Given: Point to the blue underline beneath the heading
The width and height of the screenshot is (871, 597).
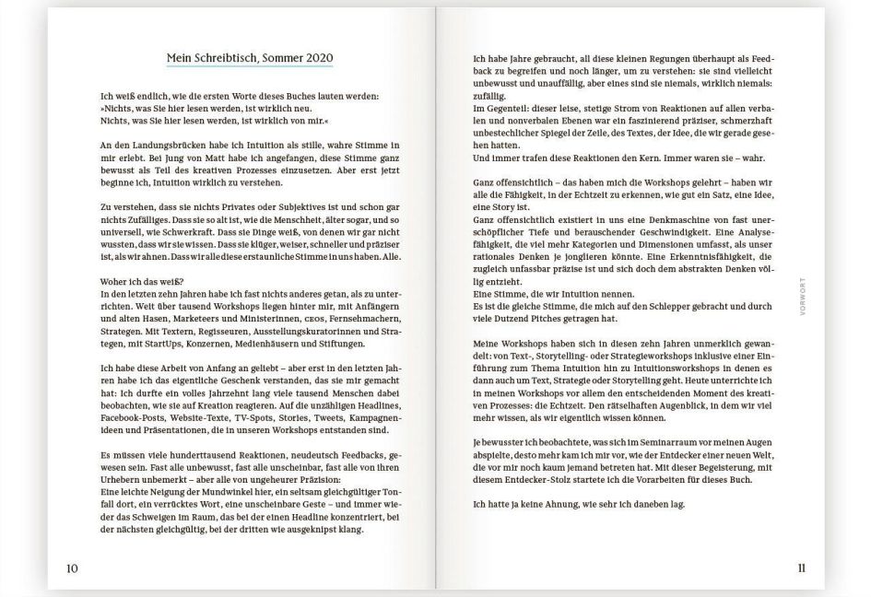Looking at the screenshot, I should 250,67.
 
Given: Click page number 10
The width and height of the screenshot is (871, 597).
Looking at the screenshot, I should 72,568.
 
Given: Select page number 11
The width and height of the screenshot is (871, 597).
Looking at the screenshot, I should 801,568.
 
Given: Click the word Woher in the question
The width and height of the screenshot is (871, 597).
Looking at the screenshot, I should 116,281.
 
